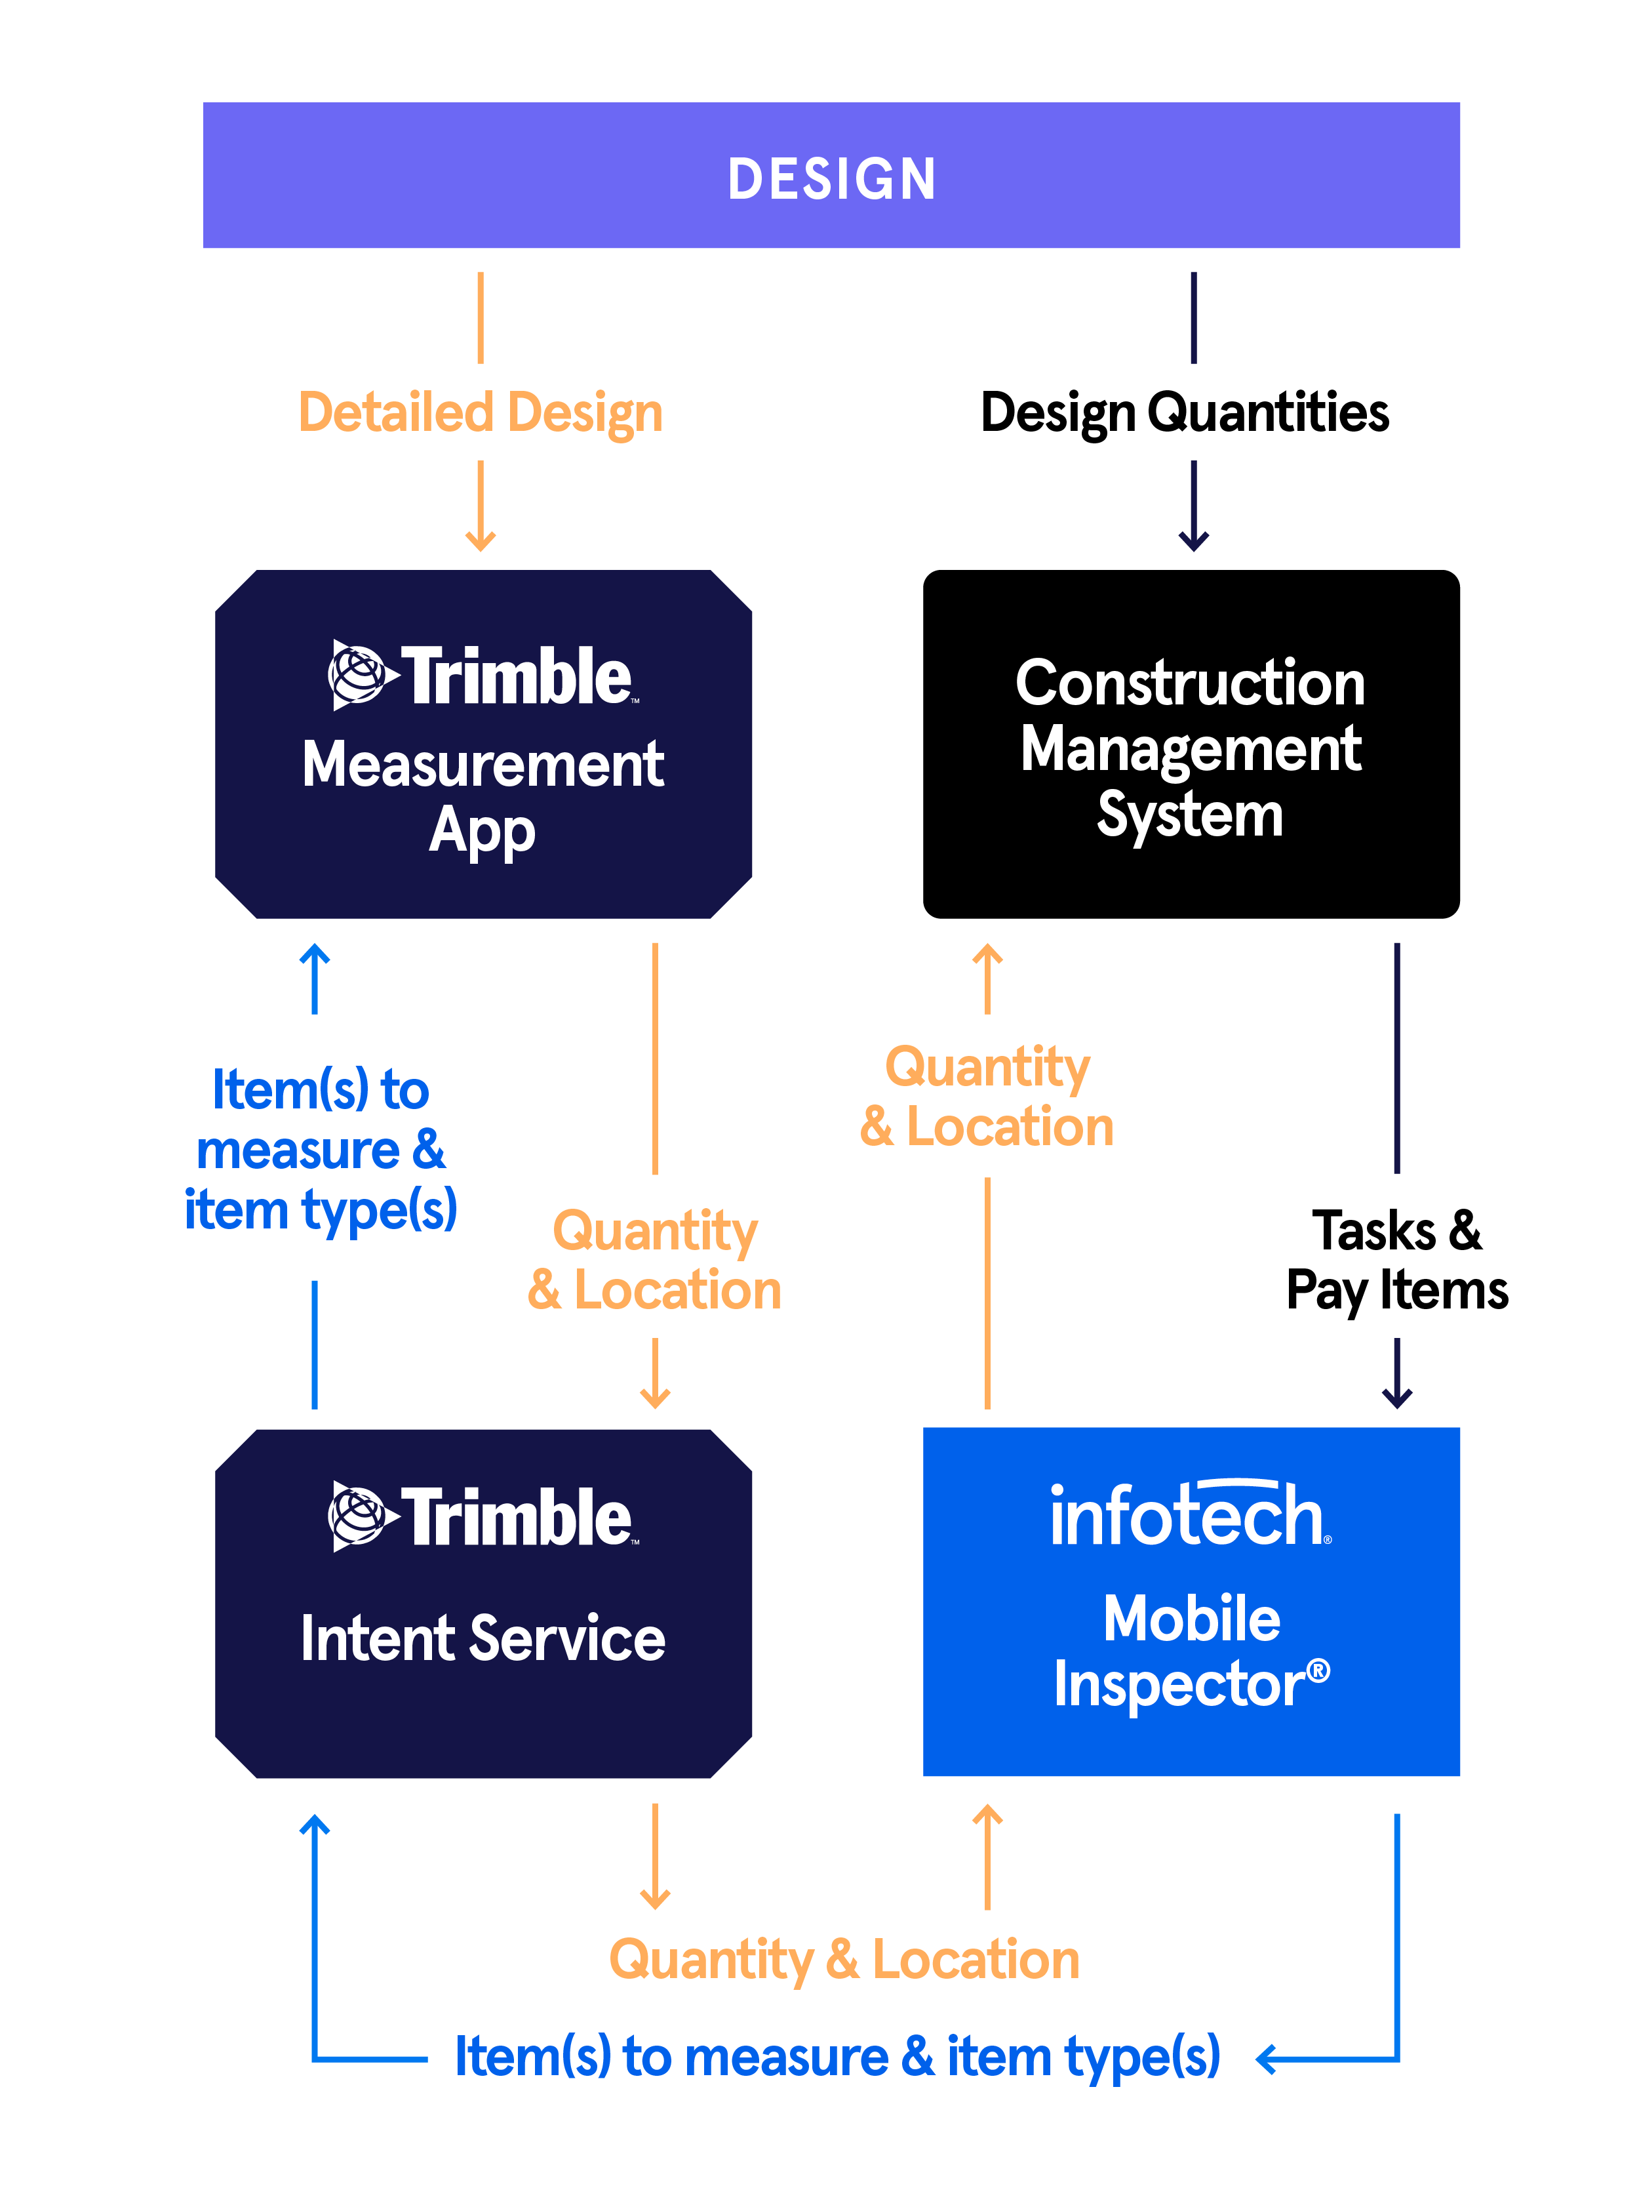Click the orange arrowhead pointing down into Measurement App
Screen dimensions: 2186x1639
point(480,542)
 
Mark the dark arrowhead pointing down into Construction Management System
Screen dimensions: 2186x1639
point(1193,542)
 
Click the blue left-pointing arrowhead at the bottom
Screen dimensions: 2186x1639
point(1265,2059)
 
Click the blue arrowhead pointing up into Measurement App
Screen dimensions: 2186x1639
point(314,953)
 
